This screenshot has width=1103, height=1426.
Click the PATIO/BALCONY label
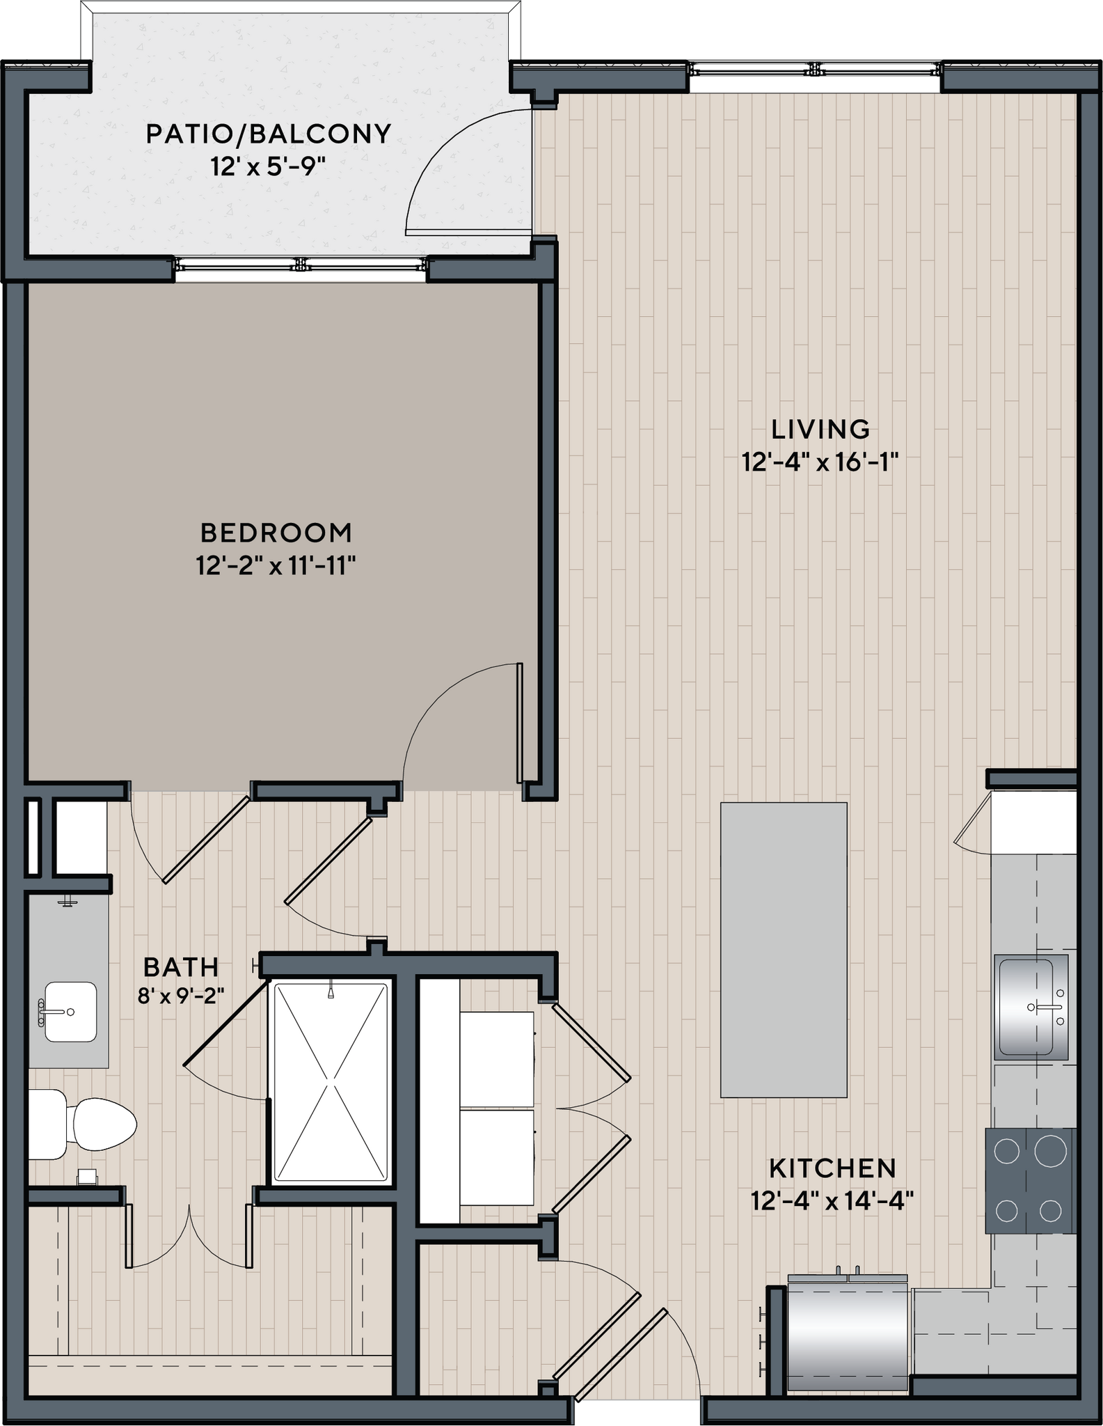(x=269, y=134)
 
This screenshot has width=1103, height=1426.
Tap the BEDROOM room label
(x=276, y=533)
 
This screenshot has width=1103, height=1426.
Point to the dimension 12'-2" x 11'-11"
(x=276, y=567)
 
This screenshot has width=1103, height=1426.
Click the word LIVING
(x=820, y=430)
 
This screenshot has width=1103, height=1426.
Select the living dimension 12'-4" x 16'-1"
(x=820, y=462)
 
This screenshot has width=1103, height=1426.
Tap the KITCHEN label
(x=832, y=1168)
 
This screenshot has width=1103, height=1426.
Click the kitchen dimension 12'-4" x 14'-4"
(x=832, y=1201)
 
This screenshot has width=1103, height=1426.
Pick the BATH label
(x=181, y=967)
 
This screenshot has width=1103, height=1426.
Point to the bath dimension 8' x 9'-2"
(x=181, y=996)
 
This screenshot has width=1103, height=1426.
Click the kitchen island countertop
(x=784, y=950)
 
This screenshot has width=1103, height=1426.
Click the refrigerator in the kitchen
(x=848, y=1331)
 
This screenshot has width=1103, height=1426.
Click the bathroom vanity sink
(x=70, y=1012)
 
